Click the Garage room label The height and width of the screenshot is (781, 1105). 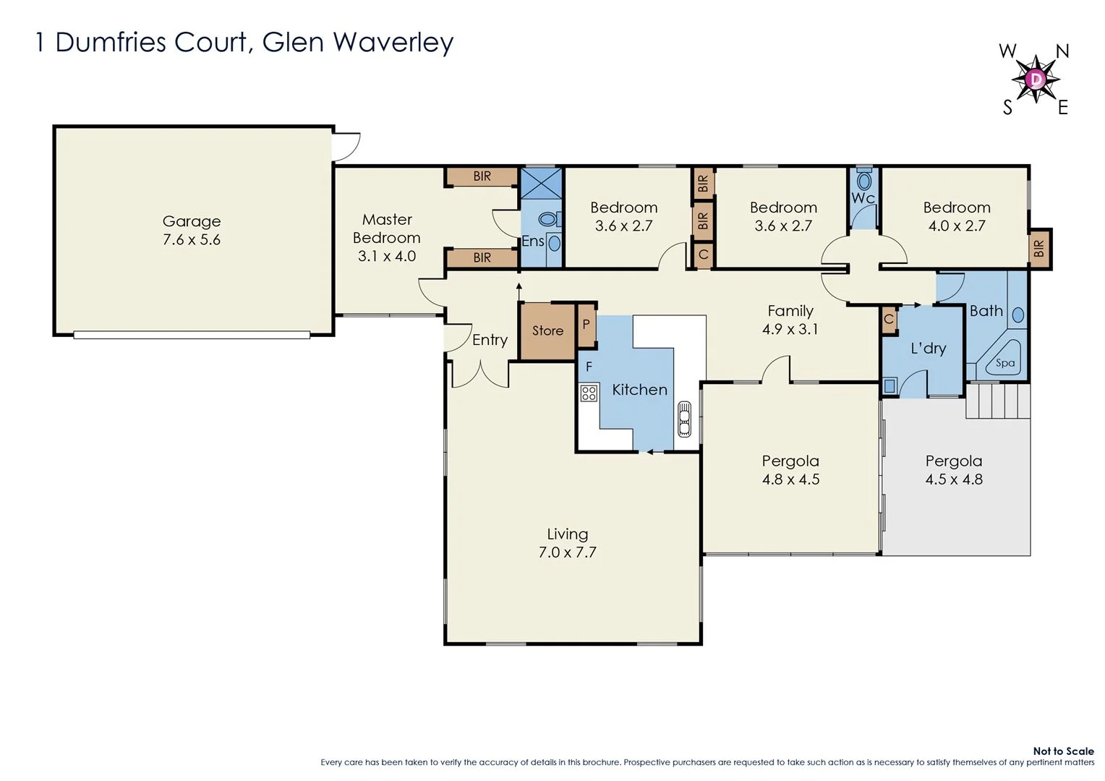click(192, 222)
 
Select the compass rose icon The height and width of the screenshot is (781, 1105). click(1036, 79)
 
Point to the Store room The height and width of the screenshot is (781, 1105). click(547, 331)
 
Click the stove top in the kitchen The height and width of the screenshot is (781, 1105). click(589, 393)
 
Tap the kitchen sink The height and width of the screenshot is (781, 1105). click(684, 419)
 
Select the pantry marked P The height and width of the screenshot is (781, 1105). click(586, 325)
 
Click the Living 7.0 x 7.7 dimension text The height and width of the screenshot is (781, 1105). click(567, 552)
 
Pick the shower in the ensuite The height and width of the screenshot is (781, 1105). click(542, 183)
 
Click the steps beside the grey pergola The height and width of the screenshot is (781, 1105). click(998, 401)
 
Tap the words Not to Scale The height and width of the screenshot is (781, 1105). click(1063, 751)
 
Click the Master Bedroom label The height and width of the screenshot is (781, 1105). click(387, 229)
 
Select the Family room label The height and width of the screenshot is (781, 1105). click(790, 311)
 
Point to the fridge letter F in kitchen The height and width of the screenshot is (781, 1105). click(589, 367)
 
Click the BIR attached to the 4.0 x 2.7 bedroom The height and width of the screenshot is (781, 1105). click(1039, 249)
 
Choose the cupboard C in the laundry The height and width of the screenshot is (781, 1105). click(889, 320)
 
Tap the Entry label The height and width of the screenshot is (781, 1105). click(490, 340)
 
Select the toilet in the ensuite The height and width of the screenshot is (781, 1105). click(547, 218)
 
